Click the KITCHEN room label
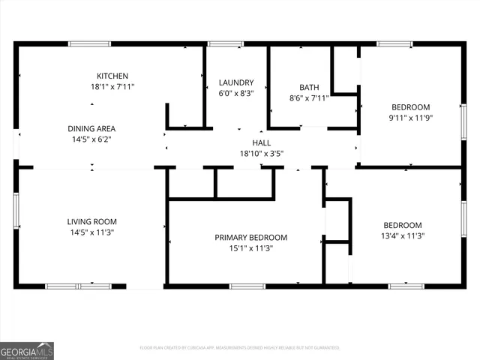click(x=112, y=76)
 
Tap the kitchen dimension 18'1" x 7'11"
click(x=112, y=87)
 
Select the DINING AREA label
click(x=91, y=128)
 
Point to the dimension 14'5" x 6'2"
click(x=91, y=139)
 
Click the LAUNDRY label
click(x=236, y=82)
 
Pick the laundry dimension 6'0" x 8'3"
click(x=236, y=94)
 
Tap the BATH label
click(x=309, y=87)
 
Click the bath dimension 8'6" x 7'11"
click(x=309, y=98)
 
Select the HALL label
click(x=261, y=143)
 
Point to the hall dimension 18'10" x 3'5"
click(x=261, y=154)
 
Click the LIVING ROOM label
click(x=91, y=221)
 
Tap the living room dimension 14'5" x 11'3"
click(x=91, y=232)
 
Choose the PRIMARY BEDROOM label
click(x=250, y=238)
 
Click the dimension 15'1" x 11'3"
click(x=250, y=249)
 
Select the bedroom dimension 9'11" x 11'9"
click(x=410, y=117)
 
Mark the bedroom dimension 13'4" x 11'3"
click(x=403, y=236)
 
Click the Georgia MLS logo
click(x=27, y=350)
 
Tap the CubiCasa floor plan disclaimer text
click(x=240, y=348)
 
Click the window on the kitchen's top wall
click(x=90, y=43)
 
